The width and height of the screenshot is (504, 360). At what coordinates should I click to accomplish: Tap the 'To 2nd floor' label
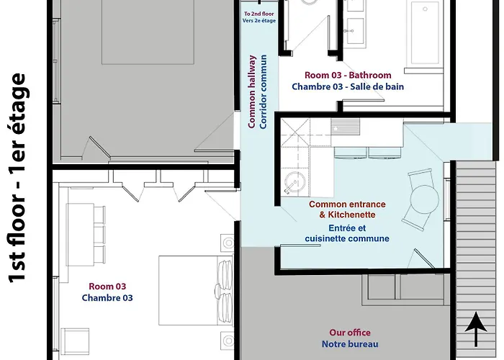258,14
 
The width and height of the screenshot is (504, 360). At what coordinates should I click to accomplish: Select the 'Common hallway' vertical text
252,92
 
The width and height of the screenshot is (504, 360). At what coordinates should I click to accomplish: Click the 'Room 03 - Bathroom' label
348,75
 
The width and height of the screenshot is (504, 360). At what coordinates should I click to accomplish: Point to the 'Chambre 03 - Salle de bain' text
348,87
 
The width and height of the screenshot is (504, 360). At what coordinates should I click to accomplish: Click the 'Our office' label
350,333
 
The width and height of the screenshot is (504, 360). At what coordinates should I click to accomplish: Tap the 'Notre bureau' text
350,344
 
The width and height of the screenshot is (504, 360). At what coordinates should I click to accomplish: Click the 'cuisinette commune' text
347,238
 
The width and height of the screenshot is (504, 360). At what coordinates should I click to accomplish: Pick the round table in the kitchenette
424,199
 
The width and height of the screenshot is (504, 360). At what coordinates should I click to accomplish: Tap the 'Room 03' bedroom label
107,286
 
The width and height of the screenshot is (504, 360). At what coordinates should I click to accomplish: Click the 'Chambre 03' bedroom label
107,297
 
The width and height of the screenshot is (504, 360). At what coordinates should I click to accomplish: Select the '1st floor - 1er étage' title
17,178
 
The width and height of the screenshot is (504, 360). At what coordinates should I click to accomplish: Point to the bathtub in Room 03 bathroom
425,32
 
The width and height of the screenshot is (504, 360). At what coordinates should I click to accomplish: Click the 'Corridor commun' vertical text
264,92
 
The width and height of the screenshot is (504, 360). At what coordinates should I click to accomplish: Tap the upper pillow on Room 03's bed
225,273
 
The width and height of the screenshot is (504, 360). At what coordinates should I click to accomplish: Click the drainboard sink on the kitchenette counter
345,126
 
